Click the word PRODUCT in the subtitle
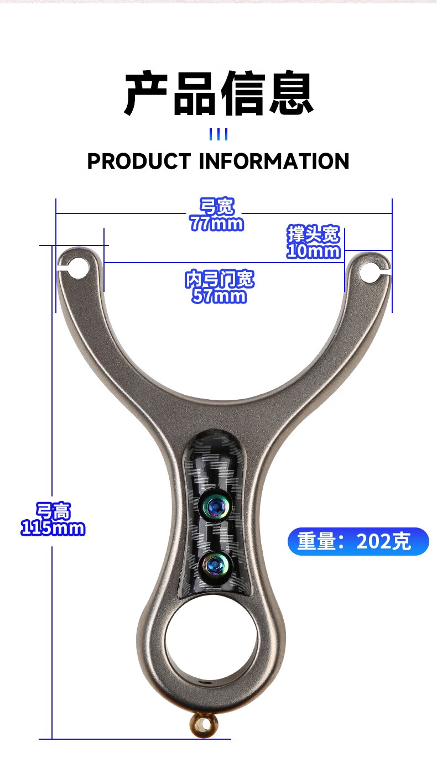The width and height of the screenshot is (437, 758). point(138,161)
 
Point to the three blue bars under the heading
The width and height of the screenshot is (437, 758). point(218,134)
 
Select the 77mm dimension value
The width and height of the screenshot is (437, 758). point(216,223)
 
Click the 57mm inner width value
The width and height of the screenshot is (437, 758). point(219,296)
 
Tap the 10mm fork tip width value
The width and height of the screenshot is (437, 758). point(313,251)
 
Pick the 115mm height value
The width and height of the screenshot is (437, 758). point(53,528)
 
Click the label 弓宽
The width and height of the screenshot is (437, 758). point(217,207)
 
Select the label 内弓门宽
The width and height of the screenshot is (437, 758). point(220,280)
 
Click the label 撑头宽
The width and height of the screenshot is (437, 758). point(313,234)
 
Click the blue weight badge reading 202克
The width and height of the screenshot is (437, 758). point(358,541)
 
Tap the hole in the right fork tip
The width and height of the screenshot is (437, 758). point(370,271)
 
